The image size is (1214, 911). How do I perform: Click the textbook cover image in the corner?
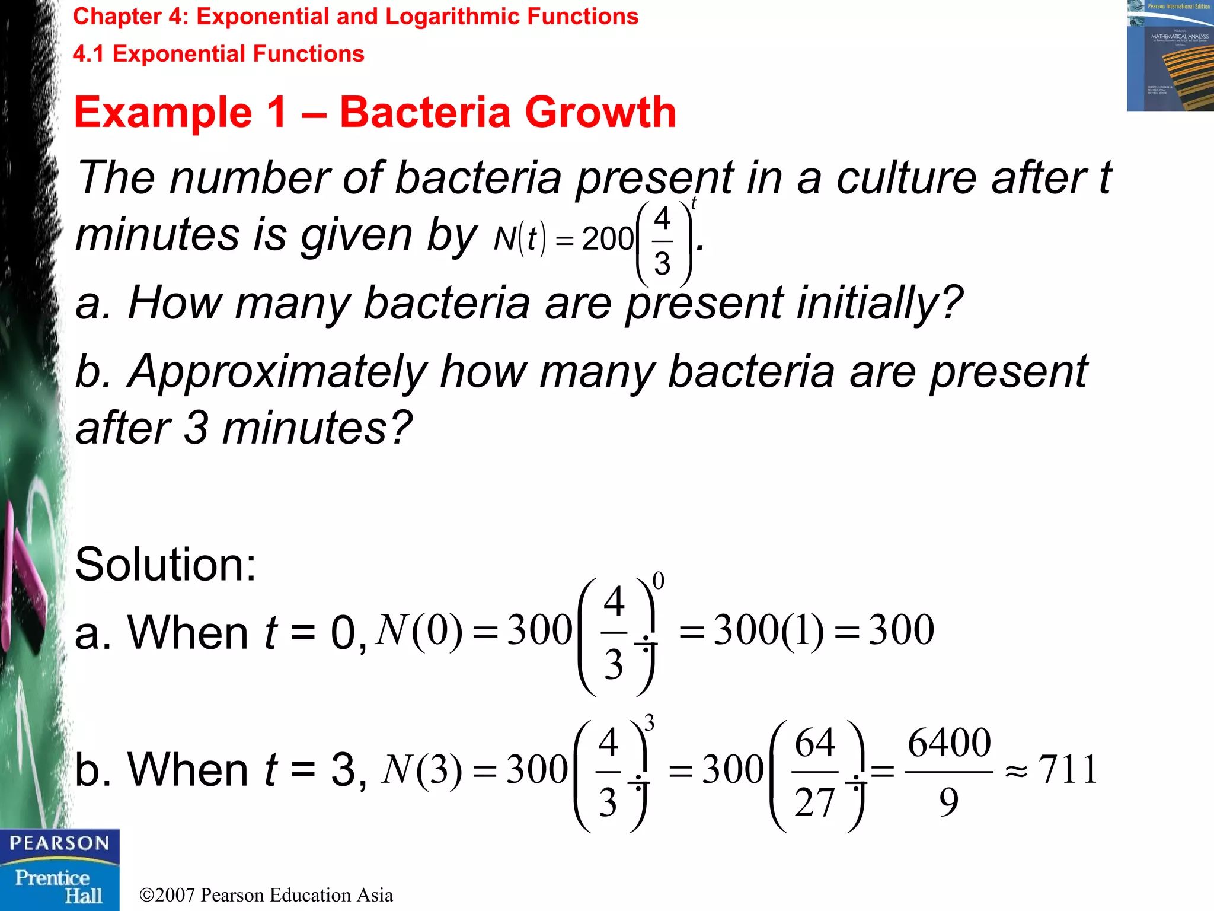pos(1170,56)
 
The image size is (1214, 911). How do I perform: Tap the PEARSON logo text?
pos(60,843)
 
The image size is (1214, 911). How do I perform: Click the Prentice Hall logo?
pos(59,886)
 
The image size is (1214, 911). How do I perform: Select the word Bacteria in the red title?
pos(424,112)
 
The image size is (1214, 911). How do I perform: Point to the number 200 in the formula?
pos(608,239)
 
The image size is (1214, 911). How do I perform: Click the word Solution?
pos(165,564)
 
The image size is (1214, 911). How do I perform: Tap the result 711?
pos(1068,770)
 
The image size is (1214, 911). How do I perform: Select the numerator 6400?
pos(949,742)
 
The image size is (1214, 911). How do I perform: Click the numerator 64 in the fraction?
pos(815,743)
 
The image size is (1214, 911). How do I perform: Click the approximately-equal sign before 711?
pos(1016,772)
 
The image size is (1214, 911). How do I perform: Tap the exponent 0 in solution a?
pos(658,581)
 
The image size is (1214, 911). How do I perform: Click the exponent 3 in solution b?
pos(650,723)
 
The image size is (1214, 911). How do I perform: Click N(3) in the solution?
pos(421,770)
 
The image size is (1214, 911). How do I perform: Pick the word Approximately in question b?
pos(277,371)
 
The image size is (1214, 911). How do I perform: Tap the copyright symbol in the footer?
pos(147,895)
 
